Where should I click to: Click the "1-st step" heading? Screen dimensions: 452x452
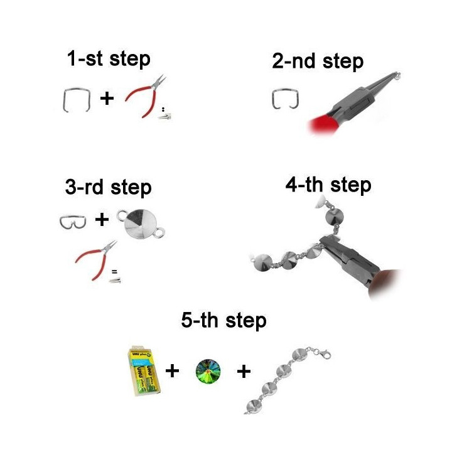click(109, 59)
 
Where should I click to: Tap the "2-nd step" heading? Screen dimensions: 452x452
click(318, 62)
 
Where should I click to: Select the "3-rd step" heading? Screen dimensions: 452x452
click(109, 188)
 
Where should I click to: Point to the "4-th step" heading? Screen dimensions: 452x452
click(328, 185)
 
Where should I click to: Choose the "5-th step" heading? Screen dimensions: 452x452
click(223, 321)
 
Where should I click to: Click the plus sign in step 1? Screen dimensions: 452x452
click(107, 99)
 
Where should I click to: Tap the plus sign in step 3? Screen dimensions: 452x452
click(102, 220)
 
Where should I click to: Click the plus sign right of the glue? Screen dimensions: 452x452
click(172, 371)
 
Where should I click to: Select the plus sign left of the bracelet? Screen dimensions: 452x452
click(244, 371)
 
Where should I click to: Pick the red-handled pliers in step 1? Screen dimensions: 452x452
click(146, 95)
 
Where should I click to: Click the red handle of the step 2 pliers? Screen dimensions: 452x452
click(323, 124)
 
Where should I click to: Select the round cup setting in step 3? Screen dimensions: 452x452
click(141, 223)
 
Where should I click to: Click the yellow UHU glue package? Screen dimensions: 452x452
click(144, 370)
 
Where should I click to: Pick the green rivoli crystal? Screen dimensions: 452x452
click(208, 371)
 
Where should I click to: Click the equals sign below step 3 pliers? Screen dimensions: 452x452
click(114, 272)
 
